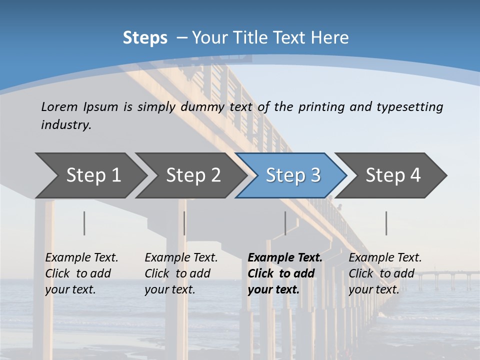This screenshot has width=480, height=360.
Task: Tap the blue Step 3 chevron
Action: click(x=293, y=175)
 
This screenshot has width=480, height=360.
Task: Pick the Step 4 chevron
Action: click(x=393, y=175)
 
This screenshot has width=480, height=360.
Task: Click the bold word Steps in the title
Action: click(x=145, y=38)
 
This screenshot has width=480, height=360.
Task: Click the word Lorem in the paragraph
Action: click(x=59, y=106)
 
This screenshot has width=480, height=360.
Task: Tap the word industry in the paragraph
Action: click(x=66, y=125)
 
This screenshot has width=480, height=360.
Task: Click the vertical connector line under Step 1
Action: click(x=84, y=223)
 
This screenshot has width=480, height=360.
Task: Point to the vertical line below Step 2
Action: click(x=184, y=223)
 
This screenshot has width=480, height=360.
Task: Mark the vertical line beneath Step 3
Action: click(x=285, y=223)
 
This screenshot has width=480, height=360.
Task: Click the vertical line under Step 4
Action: click(x=386, y=223)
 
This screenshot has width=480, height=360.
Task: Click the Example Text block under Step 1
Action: click(x=81, y=273)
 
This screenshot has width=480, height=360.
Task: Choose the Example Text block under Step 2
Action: click(x=181, y=273)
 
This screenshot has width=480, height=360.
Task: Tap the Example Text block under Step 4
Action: click(x=385, y=273)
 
